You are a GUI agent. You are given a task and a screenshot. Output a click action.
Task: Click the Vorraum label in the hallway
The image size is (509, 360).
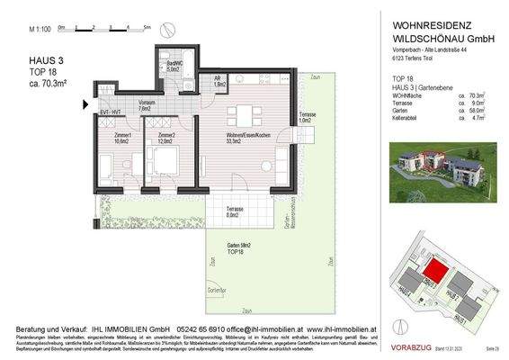tap(148, 104)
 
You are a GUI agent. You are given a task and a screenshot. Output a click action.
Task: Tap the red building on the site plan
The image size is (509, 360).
tap(435, 268)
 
